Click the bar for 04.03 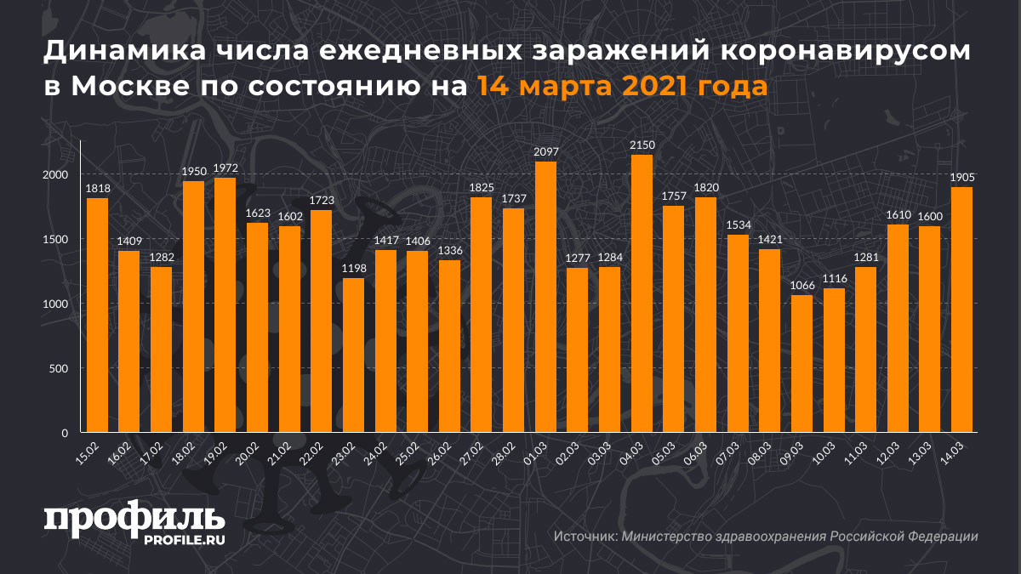click(x=642, y=293)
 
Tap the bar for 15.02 click(x=98, y=315)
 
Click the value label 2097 click(x=545, y=152)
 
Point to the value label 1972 click(x=225, y=168)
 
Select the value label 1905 click(x=961, y=178)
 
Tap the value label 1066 click(x=801, y=286)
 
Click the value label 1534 click(x=738, y=225)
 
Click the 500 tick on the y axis click(x=59, y=368)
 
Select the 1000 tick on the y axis click(x=55, y=304)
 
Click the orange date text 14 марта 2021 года click(x=622, y=86)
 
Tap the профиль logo click(x=134, y=520)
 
